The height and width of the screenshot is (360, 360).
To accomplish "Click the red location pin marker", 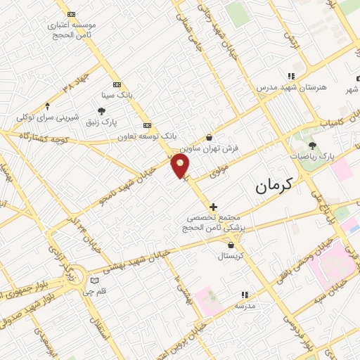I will (x=180, y=166).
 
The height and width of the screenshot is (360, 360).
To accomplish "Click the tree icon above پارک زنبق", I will (x=102, y=110).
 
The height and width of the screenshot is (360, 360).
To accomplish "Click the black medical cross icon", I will (x=213, y=207).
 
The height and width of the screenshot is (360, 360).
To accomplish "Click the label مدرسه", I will (x=245, y=306).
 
